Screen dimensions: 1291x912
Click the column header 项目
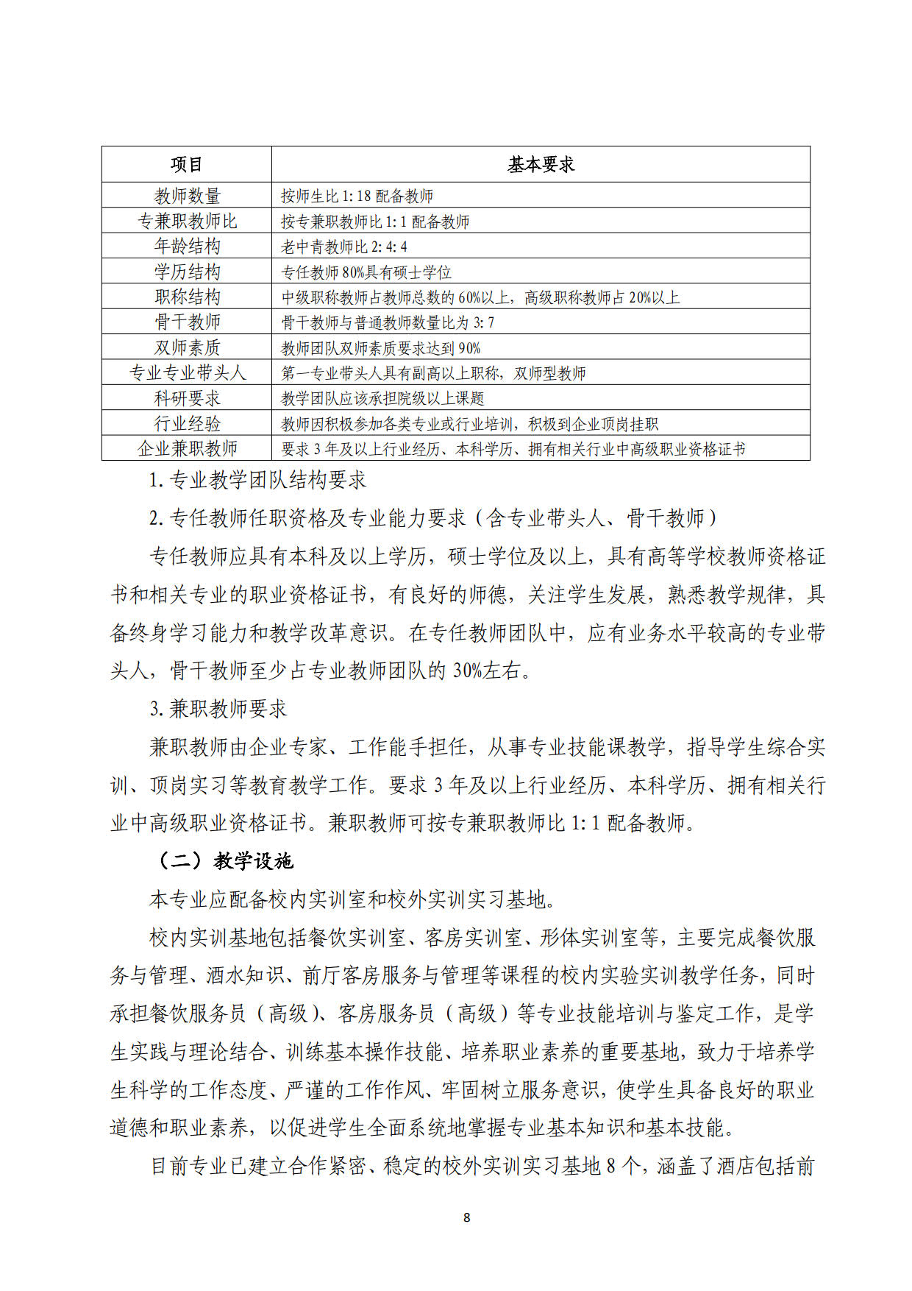pyautogui.click(x=187, y=164)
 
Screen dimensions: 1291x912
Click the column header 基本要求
pyautogui.click(x=541, y=164)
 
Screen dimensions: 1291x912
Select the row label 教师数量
pyautogui.click(x=187, y=196)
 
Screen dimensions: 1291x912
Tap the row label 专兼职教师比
pyautogui.click(x=187, y=221)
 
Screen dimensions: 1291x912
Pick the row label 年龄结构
pyautogui.click(x=187, y=246)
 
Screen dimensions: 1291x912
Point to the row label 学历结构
pyautogui.click(x=187, y=272)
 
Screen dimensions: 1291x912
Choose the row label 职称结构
pyautogui.click(x=187, y=297)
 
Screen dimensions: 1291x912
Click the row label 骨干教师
pyautogui.click(x=187, y=322)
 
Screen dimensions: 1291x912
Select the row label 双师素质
pyautogui.click(x=187, y=347)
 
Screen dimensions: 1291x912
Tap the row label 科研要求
pyautogui.click(x=187, y=398)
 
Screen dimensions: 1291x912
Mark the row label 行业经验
pyautogui.click(x=187, y=423)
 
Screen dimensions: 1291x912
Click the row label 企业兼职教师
pyautogui.click(x=187, y=448)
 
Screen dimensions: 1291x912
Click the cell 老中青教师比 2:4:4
pyautogui.click(x=343, y=247)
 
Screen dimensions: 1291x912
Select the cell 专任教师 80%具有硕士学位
pyautogui.click(x=366, y=272)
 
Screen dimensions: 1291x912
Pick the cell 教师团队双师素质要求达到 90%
pyautogui.click(x=380, y=348)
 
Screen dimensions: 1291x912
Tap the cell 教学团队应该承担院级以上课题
pyautogui.click(x=382, y=399)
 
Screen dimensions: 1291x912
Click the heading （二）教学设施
pyautogui.click(x=226, y=860)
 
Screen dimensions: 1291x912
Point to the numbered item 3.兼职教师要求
pyautogui.click(x=218, y=709)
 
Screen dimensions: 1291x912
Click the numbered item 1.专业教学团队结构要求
pyautogui.click(x=257, y=480)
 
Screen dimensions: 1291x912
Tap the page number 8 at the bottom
pyautogui.click(x=466, y=1217)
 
